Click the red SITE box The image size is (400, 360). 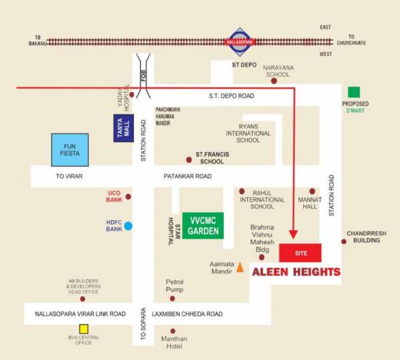[x=299, y=253]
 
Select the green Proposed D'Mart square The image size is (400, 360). [x=354, y=92]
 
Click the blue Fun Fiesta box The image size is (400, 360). [x=70, y=150]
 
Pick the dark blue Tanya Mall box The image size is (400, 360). [x=123, y=127]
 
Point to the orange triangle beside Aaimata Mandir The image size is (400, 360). [x=240, y=267]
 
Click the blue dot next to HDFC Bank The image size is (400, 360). [x=128, y=225]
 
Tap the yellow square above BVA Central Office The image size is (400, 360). [x=84, y=329]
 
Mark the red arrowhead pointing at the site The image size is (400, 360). [x=293, y=234]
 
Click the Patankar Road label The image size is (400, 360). [x=187, y=177]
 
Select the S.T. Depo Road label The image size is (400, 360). [x=231, y=96]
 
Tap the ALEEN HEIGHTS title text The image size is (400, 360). [x=296, y=272]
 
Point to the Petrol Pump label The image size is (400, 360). [x=174, y=286]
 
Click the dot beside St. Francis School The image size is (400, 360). [x=189, y=160]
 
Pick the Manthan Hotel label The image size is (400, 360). [x=173, y=343]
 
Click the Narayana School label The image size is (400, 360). [x=278, y=71]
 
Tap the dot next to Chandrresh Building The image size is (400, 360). [x=344, y=241]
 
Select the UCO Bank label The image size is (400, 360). [x=113, y=197]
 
